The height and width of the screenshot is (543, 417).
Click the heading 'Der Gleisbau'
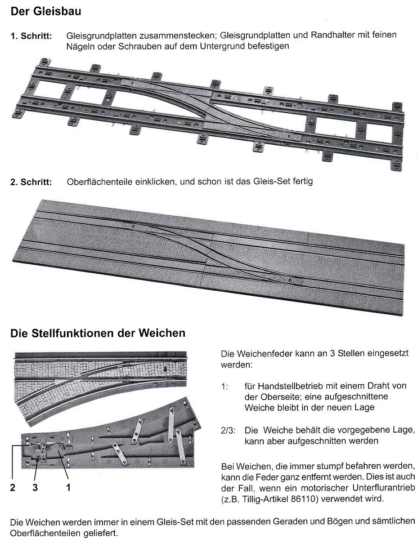(x=44, y=11)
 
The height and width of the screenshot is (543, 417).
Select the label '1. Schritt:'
(x=32, y=36)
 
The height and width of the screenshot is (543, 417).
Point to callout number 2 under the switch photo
(x=13, y=488)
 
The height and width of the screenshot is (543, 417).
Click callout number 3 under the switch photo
(x=35, y=488)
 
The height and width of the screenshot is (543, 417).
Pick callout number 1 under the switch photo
(x=68, y=488)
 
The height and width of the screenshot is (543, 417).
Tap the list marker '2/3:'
(x=230, y=430)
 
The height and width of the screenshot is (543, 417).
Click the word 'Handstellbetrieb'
(x=290, y=386)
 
